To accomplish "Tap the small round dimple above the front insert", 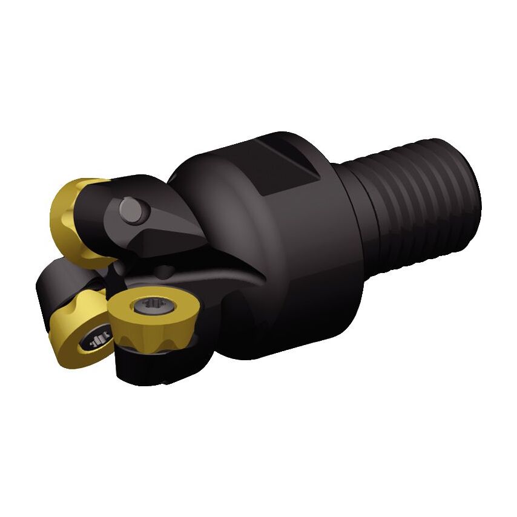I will click(x=164, y=267).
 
